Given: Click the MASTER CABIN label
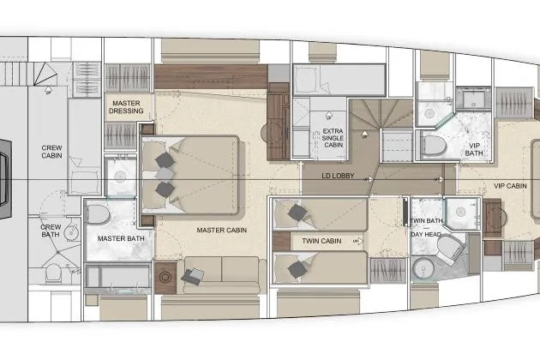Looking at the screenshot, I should click(222, 230).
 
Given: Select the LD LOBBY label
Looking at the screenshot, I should click(338, 177).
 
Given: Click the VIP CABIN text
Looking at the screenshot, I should click(511, 185).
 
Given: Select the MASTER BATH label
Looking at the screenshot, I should click(118, 237).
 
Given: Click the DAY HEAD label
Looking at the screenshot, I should click(426, 234).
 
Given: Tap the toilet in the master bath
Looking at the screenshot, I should click(96, 214).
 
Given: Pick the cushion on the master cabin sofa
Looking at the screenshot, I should click(194, 275).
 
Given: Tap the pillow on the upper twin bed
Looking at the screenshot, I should click(298, 213).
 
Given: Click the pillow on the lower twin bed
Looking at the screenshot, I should click(297, 269).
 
